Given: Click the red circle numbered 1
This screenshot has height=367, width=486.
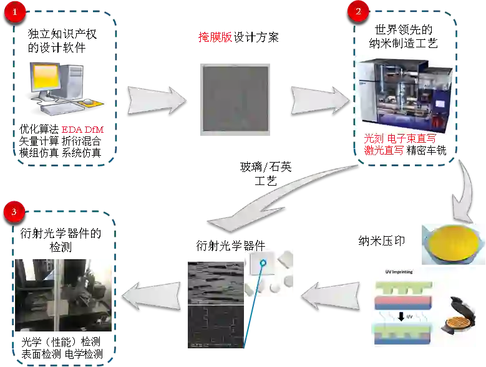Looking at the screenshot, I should coord(14,12).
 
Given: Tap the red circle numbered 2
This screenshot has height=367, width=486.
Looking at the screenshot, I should coord(357,12).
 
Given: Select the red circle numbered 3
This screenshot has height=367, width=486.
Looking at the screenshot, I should coord(14,212).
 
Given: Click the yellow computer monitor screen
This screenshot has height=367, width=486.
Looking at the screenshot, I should coord(44,78).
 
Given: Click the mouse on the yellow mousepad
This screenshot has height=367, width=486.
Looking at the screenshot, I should coord(88,102).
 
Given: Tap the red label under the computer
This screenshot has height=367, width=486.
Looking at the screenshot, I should coord(82,130).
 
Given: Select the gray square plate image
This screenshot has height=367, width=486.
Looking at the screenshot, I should coord(236,99).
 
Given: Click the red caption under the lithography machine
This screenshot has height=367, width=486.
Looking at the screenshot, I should coord(399,145).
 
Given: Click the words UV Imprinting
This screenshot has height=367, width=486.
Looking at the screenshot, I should coord(399,272).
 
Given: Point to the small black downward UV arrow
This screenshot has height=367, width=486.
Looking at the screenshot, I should coord(401,317).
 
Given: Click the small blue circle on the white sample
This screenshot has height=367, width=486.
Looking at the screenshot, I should coord(264,262).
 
